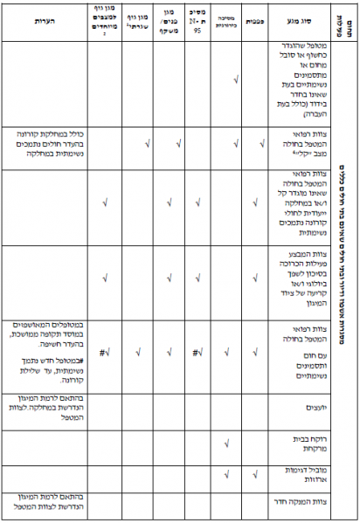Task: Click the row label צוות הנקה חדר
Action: [x=287, y=506]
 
